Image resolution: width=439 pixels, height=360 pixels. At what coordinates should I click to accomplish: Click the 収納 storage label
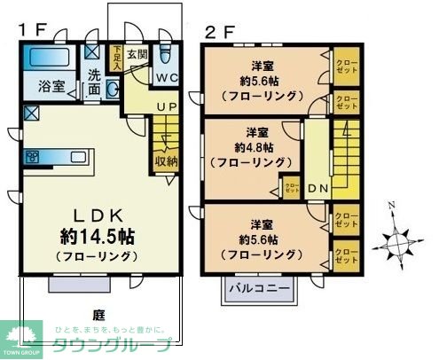click(x=166, y=161)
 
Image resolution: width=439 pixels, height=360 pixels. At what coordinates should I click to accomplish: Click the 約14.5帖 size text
click(x=97, y=237)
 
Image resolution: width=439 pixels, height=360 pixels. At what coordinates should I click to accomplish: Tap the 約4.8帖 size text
click(x=252, y=147)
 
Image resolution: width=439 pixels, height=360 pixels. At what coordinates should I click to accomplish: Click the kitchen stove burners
click(x=32, y=158)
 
